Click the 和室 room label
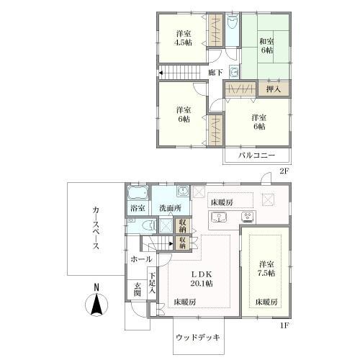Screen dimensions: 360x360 266,41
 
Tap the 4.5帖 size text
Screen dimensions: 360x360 184,42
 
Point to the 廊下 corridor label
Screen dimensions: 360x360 215,73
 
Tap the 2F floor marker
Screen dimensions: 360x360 284,172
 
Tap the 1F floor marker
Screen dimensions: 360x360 284,325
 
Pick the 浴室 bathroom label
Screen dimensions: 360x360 138,208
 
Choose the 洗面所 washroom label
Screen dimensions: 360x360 171,208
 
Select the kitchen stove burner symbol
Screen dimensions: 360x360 248,217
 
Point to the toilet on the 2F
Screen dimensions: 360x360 232,24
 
